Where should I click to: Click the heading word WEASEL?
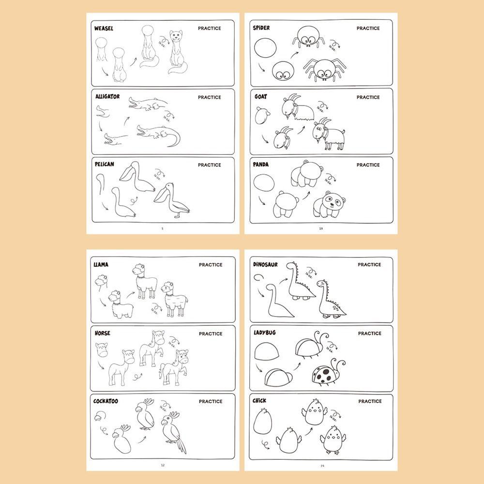[x=104, y=29]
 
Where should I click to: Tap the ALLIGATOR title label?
[x=107, y=97]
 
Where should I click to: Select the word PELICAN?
[x=105, y=165]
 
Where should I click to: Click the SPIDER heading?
[x=261, y=28]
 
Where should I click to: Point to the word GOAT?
[x=260, y=97]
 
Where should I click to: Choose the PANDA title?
[x=261, y=165]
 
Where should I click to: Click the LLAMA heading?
[x=101, y=265]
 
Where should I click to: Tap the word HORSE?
[x=103, y=333]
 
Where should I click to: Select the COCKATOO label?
[x=106, y=401]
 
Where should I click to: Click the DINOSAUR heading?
[x=266, y=265]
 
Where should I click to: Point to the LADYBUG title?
[x=264, y=333]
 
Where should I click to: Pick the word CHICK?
[x=260, y=401]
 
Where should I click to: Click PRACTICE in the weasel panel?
[x=209, y=29]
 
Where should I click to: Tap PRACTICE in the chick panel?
[x=370, y=401]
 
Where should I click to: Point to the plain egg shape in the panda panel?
[x=264, y=184]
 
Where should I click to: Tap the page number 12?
[x=163, y=465]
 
